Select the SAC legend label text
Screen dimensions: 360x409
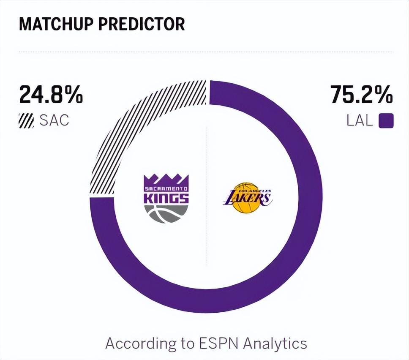(x=54, y=121)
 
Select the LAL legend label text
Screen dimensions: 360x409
(x=360, y=121)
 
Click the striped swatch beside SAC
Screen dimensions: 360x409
(x=26, y=121)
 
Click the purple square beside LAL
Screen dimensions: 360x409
(x=386, y=121)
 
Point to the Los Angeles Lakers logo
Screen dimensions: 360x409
(x=247, y=197)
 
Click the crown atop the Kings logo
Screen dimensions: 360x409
(x=166, y=179)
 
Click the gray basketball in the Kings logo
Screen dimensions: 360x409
(x=166, y=213)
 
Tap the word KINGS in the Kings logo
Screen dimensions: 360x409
(x=166, y=198)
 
